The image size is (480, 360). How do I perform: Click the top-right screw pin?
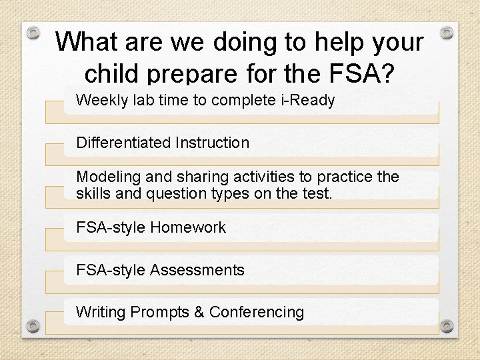pyautogui.click(x=447, y=33)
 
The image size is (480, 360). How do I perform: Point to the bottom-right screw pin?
pyautogui.click(x=447, y=326)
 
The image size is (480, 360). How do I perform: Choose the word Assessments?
pyautogui.click(x=197, y=270)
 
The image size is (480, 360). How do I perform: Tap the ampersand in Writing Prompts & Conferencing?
pyautogui.click(x=198, y=312)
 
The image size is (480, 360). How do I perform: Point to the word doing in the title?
pyautogui.click(x=245, y=42)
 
